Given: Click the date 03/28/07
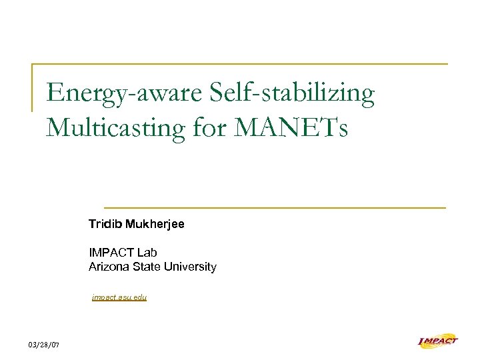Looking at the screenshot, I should [44, 345].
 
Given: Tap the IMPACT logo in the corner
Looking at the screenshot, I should [437, 341].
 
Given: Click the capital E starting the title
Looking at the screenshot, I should [55, 94].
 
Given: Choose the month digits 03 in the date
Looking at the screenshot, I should [33, 345].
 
